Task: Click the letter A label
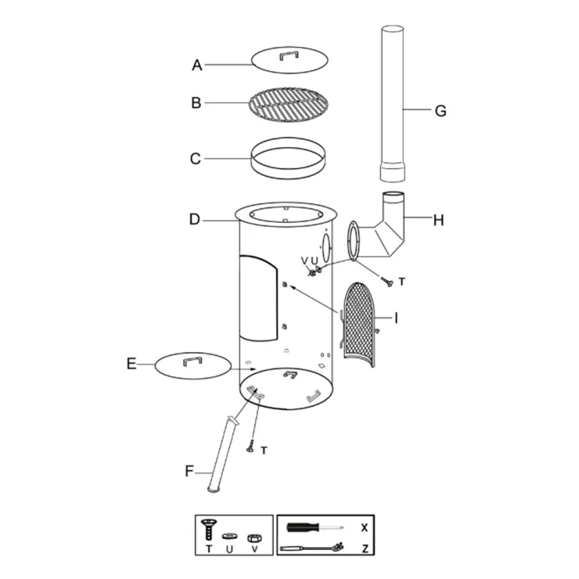point(197,66)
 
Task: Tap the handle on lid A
point(289,55)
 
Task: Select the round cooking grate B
point(289,104)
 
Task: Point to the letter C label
point(196,159)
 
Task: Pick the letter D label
point(195,219)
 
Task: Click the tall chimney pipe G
point(393,103)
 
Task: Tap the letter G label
point(441,111)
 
